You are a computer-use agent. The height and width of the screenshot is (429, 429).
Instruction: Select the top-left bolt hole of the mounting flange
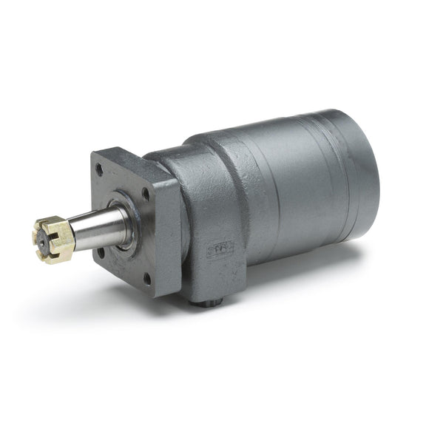[x=100, y=169]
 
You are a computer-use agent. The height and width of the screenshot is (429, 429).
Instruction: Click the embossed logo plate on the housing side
[x=220, y=245]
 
